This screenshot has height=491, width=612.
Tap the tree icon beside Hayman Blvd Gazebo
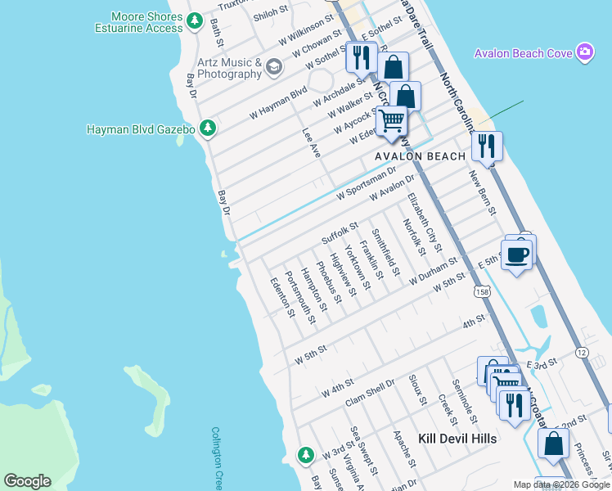pos(209,128)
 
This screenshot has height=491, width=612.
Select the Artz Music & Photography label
pos(229,69)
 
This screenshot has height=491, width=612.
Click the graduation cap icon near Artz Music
pos(274,66)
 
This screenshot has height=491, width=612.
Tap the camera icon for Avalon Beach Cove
pos(585,53)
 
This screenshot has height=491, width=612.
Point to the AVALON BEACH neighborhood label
pos(420,155)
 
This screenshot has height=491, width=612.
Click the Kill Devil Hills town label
pos(457,439)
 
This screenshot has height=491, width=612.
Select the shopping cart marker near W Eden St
pos(393,120)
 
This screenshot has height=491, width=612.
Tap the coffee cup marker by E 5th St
pos(515,255)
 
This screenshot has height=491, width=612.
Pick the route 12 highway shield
pos(582,352)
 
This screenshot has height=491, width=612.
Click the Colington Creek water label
pos(217,458)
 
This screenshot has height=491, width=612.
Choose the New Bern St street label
pos(482,192)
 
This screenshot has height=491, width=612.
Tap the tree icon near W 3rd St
pos(305,453)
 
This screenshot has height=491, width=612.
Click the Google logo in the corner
pos(27,481)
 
